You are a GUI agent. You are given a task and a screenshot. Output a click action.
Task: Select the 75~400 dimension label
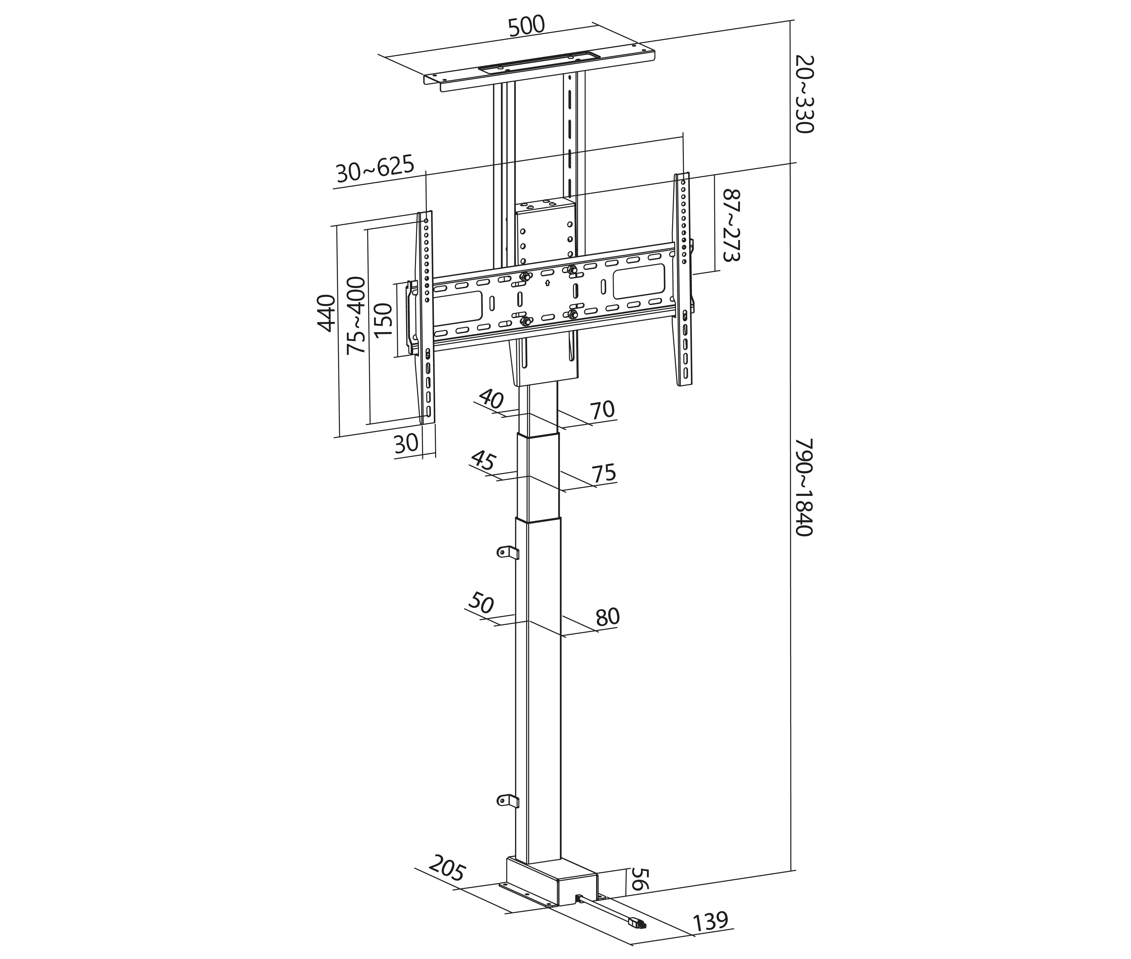(357, 315)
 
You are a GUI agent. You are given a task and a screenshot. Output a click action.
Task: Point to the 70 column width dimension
(602, 409)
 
